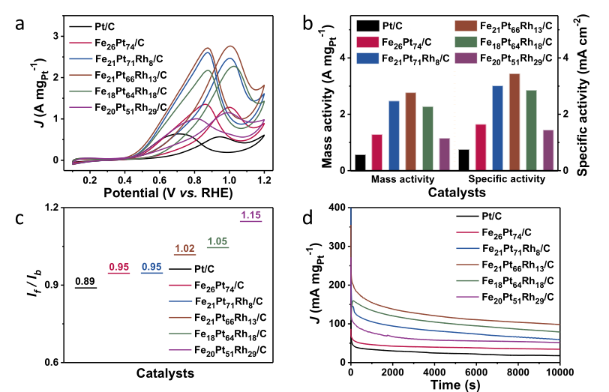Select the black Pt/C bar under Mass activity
pyautogui.click(x=361, y=162)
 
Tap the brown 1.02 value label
pyautogui.click(x=184, y=249)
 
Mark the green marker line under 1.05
pyautogui.click(x=217, y=247)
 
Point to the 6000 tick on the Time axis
pyautogui.click(x=487, y=373)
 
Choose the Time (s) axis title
pyautogui.click(x=457, y=385)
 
